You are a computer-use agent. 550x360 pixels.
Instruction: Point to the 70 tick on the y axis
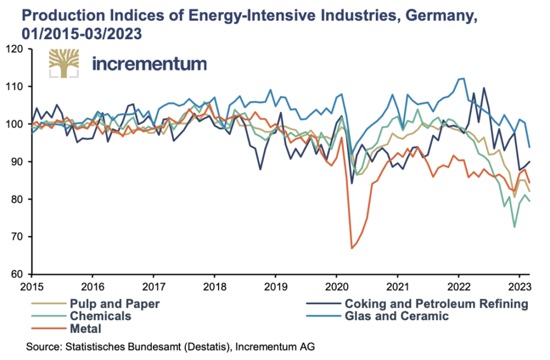point(20,237)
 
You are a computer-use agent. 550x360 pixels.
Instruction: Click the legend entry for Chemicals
point(99,315)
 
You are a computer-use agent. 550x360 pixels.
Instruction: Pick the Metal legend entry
point(85,327)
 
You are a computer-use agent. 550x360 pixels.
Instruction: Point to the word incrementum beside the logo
point(149,63)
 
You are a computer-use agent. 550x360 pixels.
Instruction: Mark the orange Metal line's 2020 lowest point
point(352,248)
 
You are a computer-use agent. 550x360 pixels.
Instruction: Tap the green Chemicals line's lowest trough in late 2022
point(515,227)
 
